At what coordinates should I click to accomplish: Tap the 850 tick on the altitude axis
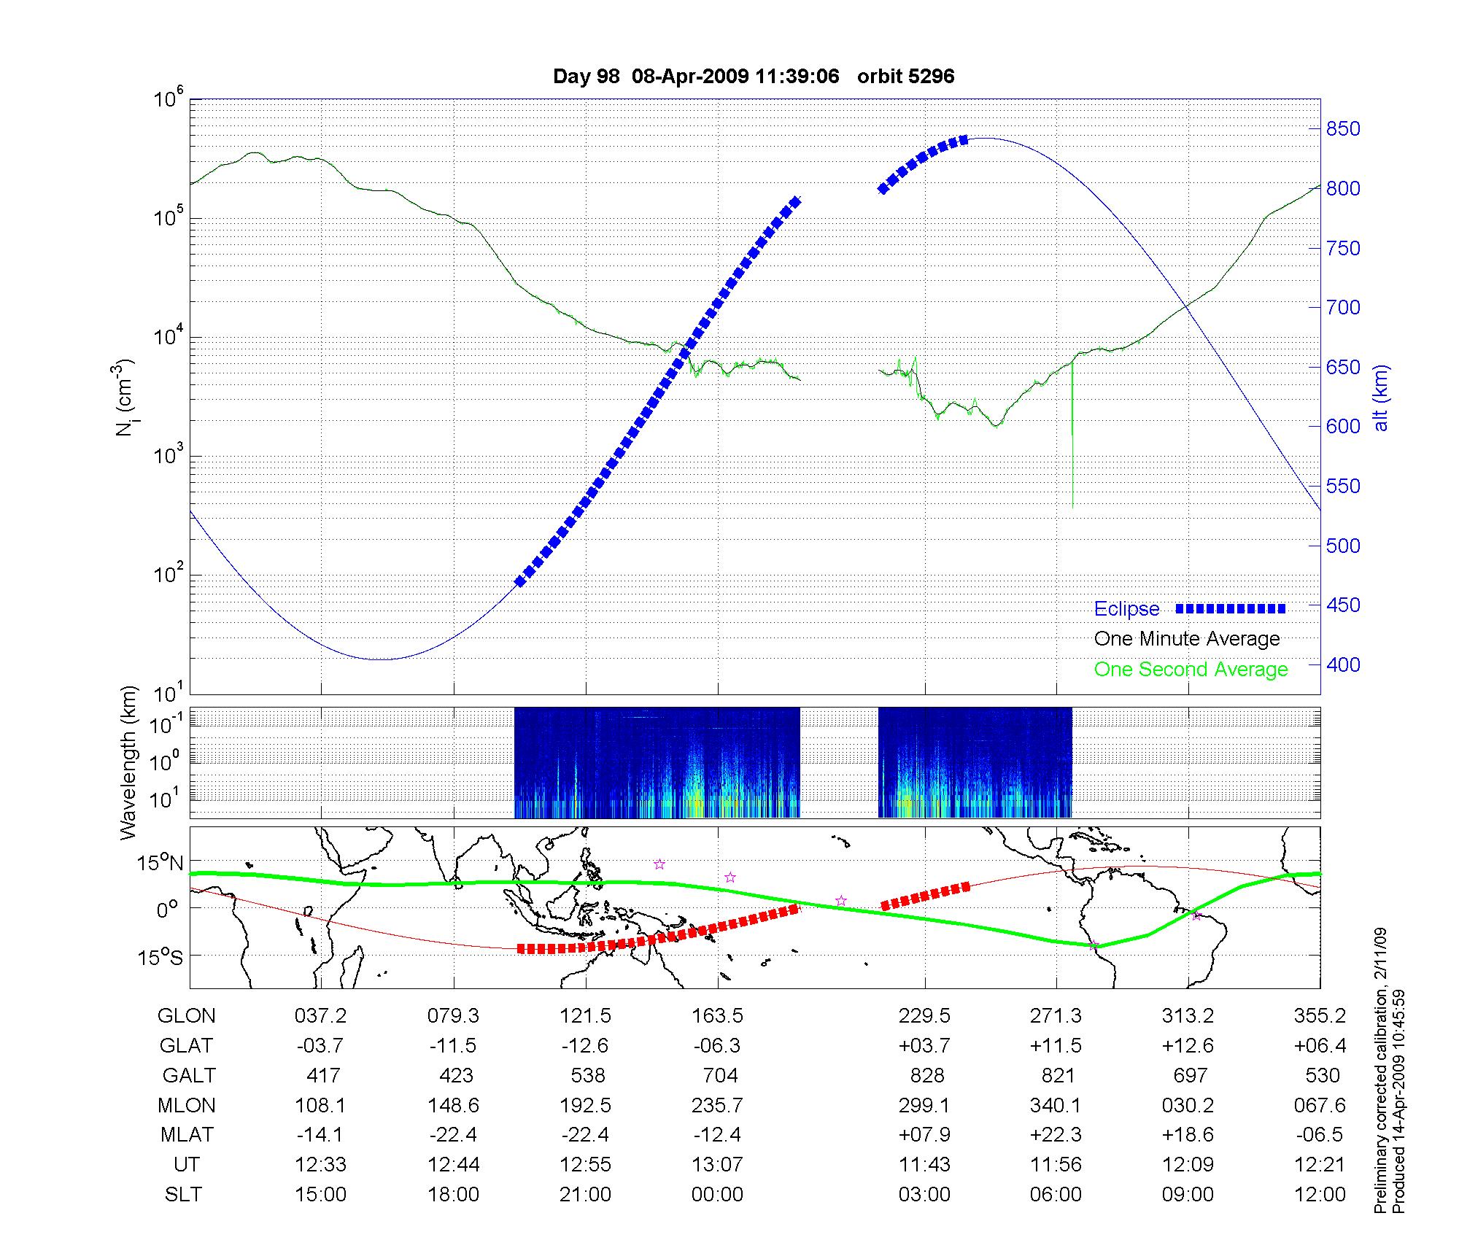[1343, 129]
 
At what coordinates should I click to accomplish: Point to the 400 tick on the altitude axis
[1343, 664]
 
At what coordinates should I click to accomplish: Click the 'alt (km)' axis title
[1380, 398]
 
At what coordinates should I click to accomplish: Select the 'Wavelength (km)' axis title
[128, 762]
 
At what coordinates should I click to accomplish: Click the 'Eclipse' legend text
[1126, 609]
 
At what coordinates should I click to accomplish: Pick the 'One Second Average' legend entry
[1191, 670]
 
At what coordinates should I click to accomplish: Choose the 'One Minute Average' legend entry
[1187, 639]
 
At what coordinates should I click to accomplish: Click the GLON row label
[187, 1016]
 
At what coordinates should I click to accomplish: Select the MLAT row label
[187, 1135]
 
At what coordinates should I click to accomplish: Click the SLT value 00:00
[718, 1195]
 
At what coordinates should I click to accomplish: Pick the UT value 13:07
[718, 1165]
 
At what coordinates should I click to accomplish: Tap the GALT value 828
[927, 1076]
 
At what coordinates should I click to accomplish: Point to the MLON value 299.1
[924, 1106]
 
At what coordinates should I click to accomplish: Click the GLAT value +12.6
[1188, 1046]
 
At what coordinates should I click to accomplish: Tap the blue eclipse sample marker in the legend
[1231, 608]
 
